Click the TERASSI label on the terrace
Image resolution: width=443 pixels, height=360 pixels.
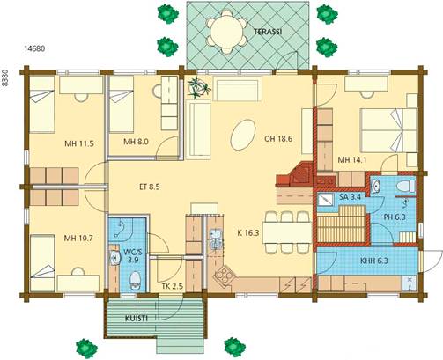268,32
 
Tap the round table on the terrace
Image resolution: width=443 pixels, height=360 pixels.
226,32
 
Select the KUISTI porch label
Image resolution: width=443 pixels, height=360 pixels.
137,319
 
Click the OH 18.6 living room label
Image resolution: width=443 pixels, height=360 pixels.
278,139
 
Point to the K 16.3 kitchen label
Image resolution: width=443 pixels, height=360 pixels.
248,233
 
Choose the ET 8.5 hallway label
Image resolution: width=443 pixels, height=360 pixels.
150,187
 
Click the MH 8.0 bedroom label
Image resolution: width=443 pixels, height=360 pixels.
136,142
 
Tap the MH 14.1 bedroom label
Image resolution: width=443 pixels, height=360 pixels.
352,160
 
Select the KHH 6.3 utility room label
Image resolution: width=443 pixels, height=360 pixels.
374,261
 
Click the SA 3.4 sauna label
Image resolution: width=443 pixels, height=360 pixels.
350,196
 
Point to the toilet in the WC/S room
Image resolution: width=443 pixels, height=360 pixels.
135,281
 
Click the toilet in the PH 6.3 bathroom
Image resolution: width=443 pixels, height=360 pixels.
405,187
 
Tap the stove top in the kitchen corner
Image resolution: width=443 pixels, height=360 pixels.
225,276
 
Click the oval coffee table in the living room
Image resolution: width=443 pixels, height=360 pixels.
243,135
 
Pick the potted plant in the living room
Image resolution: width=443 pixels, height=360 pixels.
199,87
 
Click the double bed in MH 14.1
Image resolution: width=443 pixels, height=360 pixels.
389,130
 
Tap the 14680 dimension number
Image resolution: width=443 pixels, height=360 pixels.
34,48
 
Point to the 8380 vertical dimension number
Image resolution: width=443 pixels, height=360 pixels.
4,77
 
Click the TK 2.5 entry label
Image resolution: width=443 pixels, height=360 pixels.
173,286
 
